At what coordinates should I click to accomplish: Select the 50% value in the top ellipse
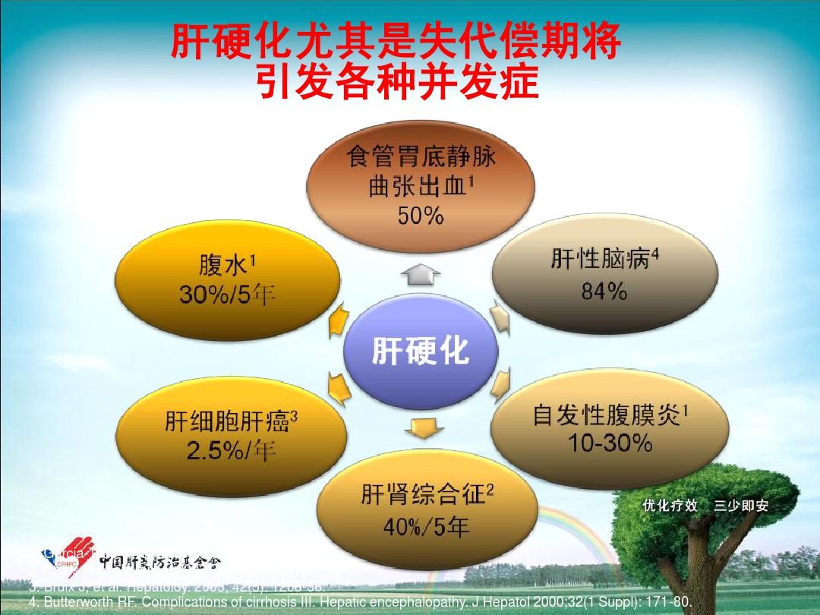[x=420, y=216]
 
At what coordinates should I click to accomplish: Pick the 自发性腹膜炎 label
[x=610, y=415]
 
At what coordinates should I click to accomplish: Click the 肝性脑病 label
[x=604, y=260]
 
